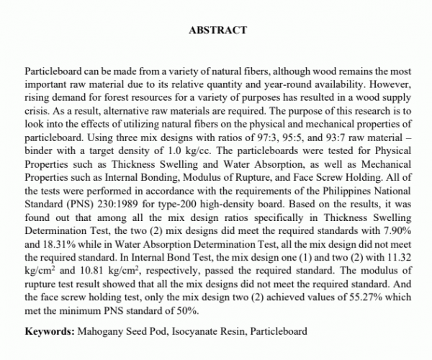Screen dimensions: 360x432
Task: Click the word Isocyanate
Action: (x=202, y=332)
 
